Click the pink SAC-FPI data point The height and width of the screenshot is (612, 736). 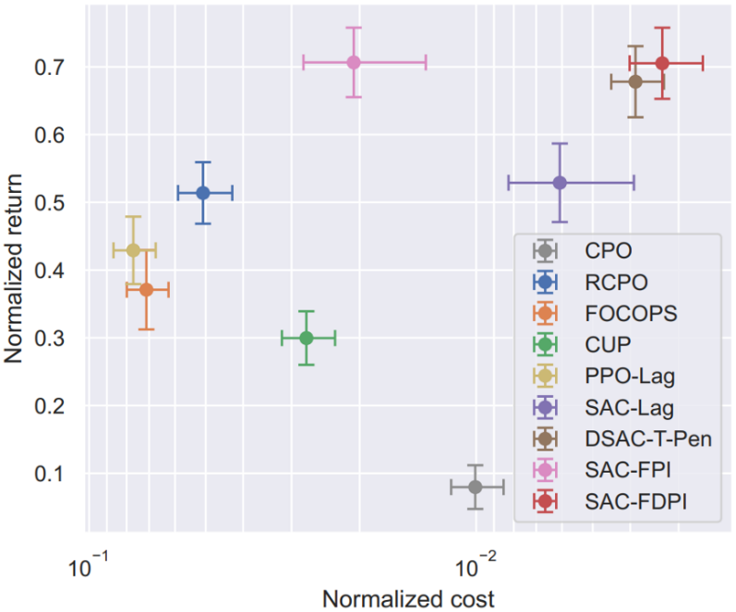coord(354,62)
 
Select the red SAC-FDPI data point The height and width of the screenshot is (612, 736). coord(662,63)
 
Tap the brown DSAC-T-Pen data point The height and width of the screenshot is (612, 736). coord(635,81)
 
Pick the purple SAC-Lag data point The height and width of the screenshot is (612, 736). coord(560,182)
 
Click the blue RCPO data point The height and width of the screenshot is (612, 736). coord(203,192)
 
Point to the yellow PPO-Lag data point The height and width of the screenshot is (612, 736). coord(133,250)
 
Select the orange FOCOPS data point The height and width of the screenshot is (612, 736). coord(146,290)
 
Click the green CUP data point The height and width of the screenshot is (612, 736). coord(307,338)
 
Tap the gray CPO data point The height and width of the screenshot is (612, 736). coord(476,486)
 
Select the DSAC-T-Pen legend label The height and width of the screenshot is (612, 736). coord(648,438)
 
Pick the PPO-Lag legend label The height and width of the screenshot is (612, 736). coord(630,376)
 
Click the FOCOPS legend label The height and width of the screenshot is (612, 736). coord(631,313)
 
